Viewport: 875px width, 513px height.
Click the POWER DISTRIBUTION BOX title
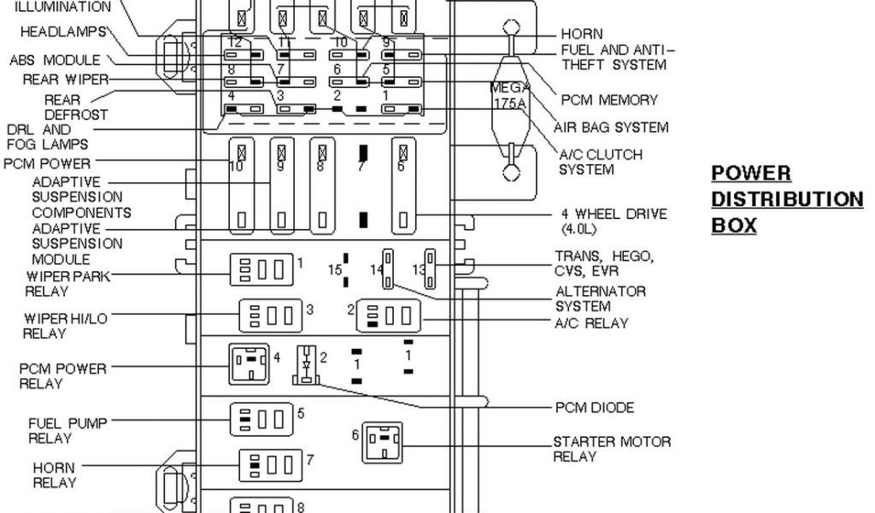(x=787, y=200)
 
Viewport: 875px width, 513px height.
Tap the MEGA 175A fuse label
(x=510, y=95)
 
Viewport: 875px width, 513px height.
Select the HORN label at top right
(x=581, y=34)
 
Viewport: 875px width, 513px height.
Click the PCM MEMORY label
(x=609, y=100)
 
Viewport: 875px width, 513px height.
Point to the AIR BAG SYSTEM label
(x=610, y=127)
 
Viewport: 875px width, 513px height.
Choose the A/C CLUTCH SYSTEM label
(x=600, y=162)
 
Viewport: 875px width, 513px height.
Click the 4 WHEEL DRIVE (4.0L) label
(x=614, y=221)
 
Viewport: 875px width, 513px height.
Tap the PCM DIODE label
(x=595, y=408)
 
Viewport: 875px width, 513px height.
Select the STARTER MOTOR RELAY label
(x=611, y=449)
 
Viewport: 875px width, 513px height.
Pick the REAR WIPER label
(x=66, y=80)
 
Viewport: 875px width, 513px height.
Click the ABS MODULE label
(x=55, y=61)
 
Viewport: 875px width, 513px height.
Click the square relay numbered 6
(x=382, y=442)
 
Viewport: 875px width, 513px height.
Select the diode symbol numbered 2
(x=305, y=364)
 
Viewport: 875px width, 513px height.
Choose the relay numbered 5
(x=262, y=419)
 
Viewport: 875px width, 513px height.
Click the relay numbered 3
(x=271, y=315)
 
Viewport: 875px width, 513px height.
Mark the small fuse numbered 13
(x=430, y=268)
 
